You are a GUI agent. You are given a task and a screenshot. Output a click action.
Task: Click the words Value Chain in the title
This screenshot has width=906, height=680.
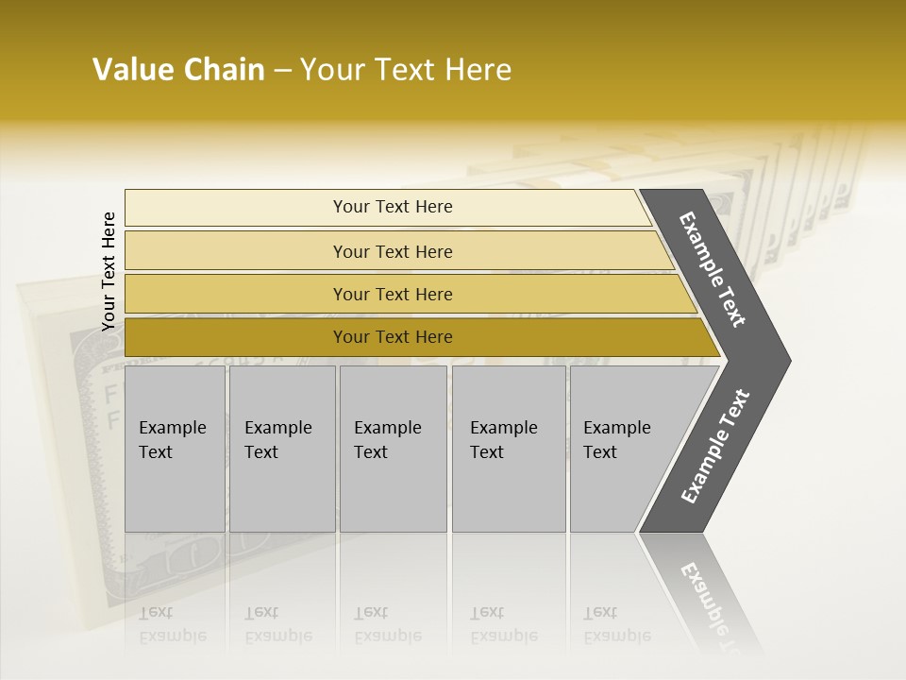click(x=178, y=70)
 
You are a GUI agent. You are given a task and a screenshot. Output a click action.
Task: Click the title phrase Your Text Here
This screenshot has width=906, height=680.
click(x=406, y=70)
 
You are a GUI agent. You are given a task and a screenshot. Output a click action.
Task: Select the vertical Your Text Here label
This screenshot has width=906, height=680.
click(x=109, y=272)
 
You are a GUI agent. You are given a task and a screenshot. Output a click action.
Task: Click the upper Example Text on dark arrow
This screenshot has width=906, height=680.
click(x=713, y=269)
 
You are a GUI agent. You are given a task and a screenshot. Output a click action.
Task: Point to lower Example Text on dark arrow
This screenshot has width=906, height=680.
click(x=714, y=447)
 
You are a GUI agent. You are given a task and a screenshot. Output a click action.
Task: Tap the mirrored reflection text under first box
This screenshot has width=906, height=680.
click(x=172, y=624)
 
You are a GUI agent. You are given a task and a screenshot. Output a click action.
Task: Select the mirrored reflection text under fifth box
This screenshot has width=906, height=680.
click(x=616, y=624)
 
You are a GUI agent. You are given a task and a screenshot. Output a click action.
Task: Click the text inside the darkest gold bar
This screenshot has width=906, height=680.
click(x=393, y=337)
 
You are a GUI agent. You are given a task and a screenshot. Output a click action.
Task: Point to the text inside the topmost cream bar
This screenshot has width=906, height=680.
click(x=393, y=207)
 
